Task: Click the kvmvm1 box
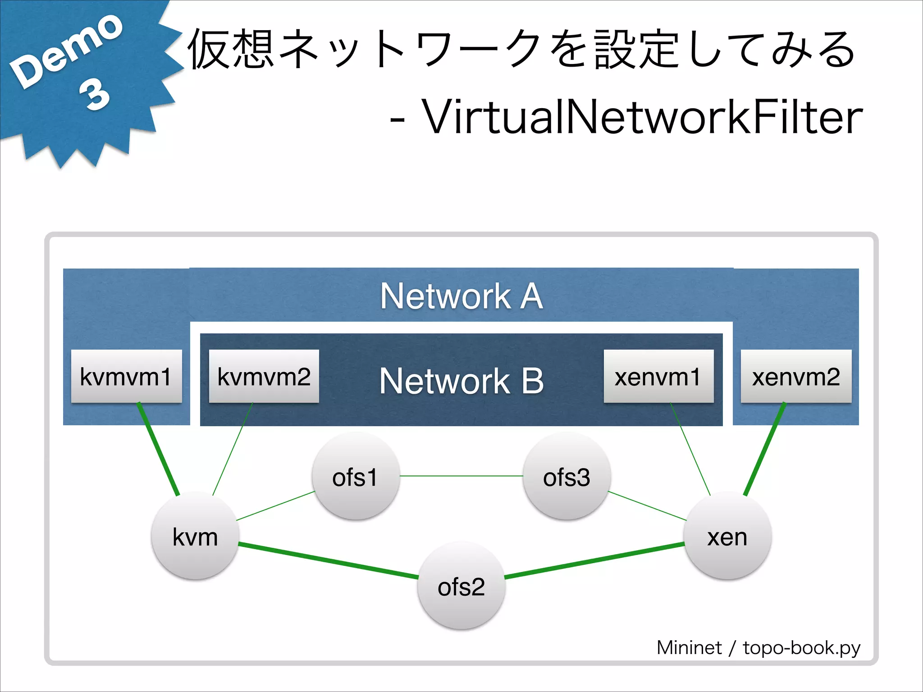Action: (x=126, y=376)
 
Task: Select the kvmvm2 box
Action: (x=264, y=376)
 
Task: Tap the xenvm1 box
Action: (x=658, y=376)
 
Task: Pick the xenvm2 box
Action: (x=796, y=376)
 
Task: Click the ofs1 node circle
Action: (x=356, y=476)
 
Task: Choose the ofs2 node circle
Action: (x=461, y=586)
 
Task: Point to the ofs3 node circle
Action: (x=567, y=476)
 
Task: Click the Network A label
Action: (x=461, y=296)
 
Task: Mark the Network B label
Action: (x=461, y=381)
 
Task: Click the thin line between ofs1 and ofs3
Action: (x=461, y=476)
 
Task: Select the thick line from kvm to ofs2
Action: (x=328, y=561)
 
